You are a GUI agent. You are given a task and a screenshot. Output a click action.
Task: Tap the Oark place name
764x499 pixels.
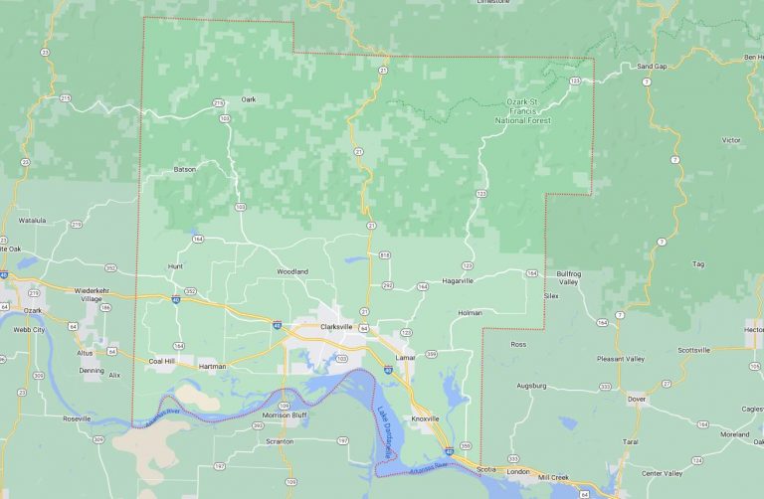[249, 98]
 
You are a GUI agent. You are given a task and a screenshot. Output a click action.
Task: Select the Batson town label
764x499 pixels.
[185, 169]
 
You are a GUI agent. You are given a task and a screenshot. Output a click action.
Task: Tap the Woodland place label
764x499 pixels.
[292, 271]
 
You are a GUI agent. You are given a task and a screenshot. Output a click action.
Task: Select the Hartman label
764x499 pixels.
[212, 366]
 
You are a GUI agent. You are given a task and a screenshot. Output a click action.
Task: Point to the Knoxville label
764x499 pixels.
[425, 418]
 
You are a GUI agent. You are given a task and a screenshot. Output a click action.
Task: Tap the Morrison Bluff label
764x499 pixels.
[284, 415]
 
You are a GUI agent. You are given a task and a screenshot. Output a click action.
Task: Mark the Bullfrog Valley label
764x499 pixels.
[568, 277]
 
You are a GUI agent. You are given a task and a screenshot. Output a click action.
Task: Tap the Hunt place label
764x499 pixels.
[176, 266]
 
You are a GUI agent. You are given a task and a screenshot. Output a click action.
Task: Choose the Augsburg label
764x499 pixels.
[532, 385]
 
